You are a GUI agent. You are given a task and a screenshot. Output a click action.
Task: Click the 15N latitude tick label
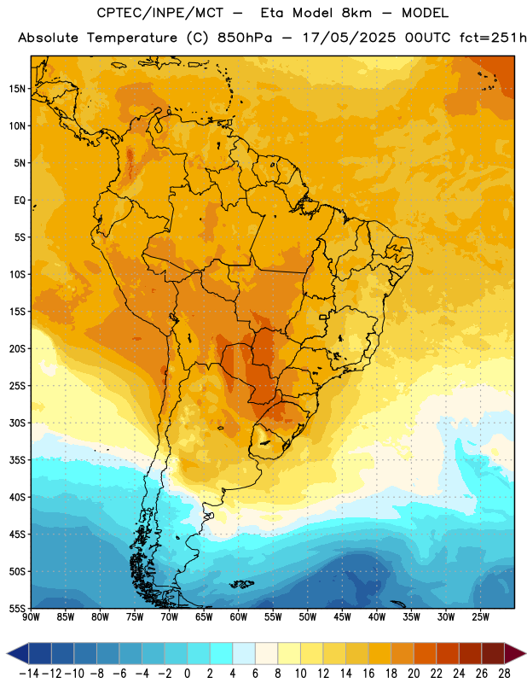[17, 89]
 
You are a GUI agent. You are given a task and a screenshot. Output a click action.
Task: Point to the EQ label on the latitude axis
[20, 201]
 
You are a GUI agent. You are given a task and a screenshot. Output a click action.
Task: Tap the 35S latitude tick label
[17, 460]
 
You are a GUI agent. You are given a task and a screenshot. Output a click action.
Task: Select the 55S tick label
[17, 608]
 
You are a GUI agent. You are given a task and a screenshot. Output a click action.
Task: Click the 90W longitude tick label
[31, 617]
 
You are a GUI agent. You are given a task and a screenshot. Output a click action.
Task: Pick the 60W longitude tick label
[239, 617]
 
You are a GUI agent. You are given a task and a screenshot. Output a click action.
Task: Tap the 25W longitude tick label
[480, 617]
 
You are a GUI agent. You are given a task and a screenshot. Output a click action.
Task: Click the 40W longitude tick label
[377, 617]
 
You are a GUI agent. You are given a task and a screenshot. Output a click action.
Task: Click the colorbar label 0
[187, 674]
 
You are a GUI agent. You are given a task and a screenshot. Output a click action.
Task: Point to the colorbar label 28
[504, 674]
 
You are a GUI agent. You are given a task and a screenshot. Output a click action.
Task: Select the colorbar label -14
[29, 674]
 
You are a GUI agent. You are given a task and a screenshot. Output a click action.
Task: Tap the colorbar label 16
[368, 674]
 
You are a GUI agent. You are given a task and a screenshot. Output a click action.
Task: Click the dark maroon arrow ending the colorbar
[515, 653]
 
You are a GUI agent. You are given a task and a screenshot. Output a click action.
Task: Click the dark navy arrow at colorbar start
[17, 653]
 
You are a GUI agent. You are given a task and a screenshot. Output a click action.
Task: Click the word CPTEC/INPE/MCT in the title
[160, 13]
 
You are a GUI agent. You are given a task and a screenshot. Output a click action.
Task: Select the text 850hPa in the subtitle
[245, 38]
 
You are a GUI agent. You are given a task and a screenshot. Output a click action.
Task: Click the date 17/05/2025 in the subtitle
[349, 38]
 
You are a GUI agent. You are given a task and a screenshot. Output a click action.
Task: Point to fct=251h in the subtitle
[493, 38]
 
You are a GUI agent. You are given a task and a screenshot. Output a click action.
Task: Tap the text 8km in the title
[356, 13]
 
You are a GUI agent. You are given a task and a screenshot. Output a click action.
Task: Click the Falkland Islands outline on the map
[241, 584]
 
